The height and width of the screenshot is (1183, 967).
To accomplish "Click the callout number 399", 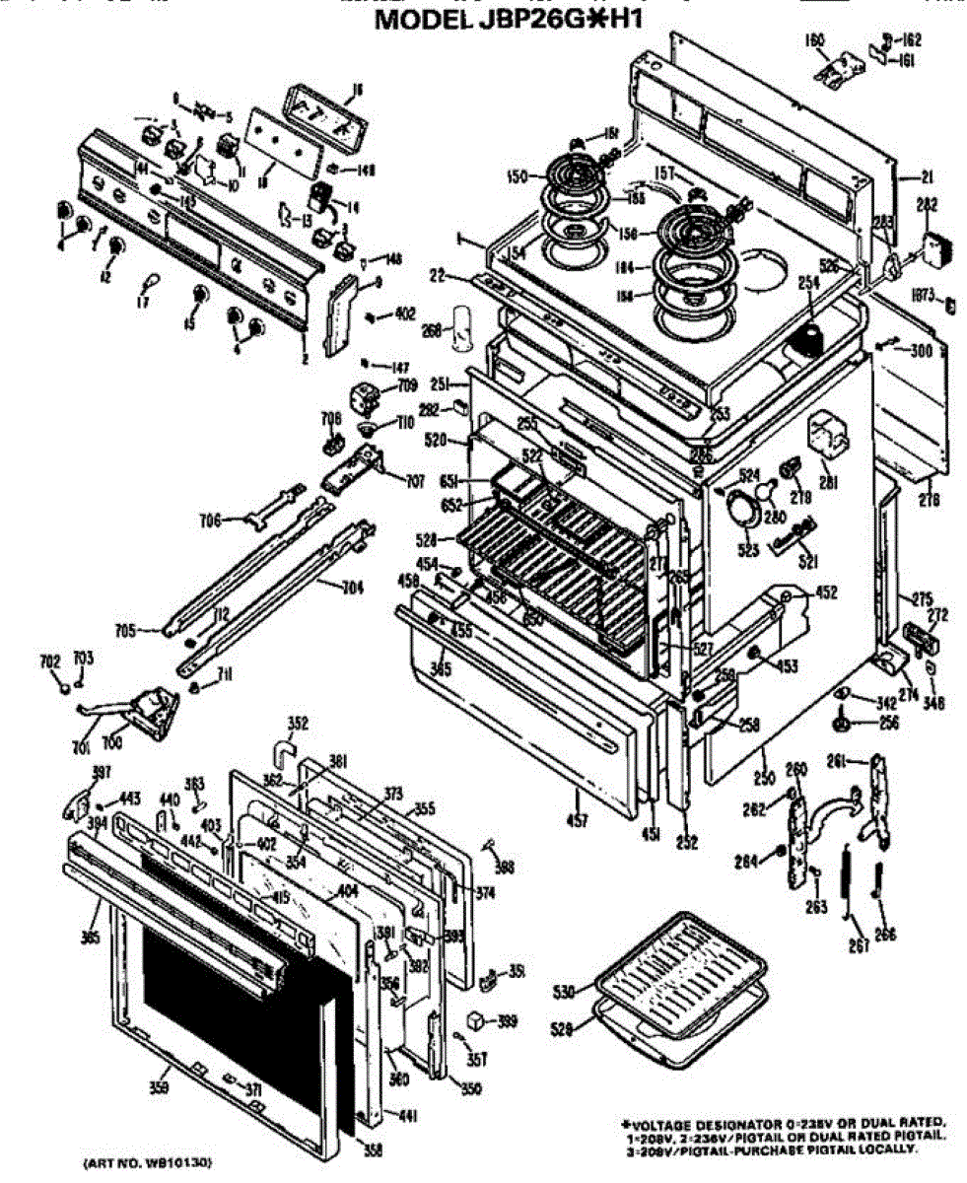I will [507, 1021].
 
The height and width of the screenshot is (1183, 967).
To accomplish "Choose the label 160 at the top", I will [815, 41].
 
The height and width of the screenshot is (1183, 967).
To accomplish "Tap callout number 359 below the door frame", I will [159, 1087].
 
